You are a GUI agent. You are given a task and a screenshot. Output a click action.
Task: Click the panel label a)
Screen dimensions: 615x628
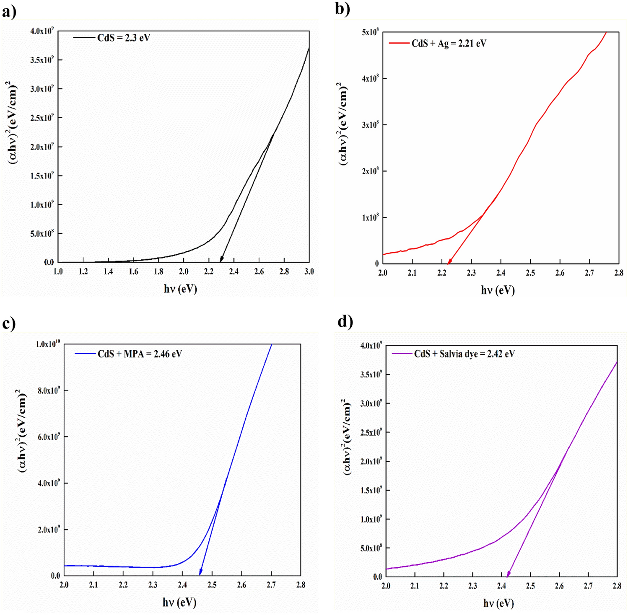click(9, 12)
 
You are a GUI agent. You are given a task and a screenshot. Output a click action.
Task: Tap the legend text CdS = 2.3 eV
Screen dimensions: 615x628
click(123, 38)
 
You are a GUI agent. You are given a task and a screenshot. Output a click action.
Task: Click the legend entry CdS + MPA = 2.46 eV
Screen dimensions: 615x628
click(140, 354)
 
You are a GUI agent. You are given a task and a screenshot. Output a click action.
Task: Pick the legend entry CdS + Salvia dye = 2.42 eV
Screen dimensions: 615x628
click(464, 354)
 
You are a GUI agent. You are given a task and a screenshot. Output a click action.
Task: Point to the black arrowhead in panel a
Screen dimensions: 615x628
click(221, 259)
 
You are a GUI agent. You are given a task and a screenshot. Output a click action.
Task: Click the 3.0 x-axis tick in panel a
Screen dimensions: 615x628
click(309, 272)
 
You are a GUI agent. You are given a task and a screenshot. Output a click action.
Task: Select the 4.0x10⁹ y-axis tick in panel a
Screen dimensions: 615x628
click(42, 31)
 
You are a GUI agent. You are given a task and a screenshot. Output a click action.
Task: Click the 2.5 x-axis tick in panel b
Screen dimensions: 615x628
click(530, 273)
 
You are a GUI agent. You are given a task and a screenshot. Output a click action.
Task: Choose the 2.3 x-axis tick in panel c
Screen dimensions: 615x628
click(153, 585)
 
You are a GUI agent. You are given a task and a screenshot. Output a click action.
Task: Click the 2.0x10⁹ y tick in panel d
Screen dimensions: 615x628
click(371, 461)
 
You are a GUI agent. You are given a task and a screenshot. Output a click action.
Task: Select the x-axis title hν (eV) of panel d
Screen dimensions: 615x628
click(498, 603)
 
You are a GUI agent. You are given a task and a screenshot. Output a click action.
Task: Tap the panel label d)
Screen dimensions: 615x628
click(345, 322)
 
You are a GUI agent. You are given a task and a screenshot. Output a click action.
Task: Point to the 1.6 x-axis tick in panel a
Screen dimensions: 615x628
click(133, 272)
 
